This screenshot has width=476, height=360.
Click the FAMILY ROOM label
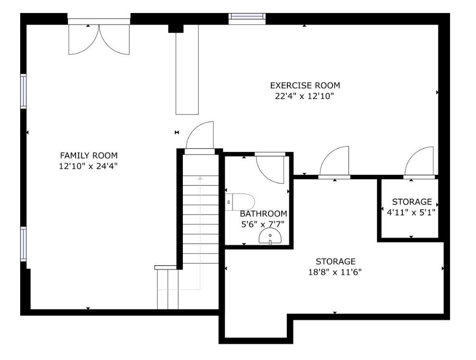89,156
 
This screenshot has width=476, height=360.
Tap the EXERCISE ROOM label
305,86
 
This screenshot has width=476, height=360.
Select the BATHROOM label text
263,214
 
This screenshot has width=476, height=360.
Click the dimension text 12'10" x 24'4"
89,167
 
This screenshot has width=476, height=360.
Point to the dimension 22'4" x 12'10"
305,96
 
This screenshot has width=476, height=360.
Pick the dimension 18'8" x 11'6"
335,272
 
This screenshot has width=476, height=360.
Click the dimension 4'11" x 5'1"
411,212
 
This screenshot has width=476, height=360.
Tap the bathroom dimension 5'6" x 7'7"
263,225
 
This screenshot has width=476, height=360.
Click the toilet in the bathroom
240,202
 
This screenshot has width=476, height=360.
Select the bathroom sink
270,236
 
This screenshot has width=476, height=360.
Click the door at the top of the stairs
200,137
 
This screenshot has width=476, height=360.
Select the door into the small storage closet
419,162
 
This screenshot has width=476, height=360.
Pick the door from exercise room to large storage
334,162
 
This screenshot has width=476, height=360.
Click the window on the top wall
247,18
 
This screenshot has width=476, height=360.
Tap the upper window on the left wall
24,91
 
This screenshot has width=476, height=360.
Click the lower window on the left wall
24,244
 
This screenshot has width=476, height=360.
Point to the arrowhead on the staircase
200,178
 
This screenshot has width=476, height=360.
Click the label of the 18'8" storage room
335,261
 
